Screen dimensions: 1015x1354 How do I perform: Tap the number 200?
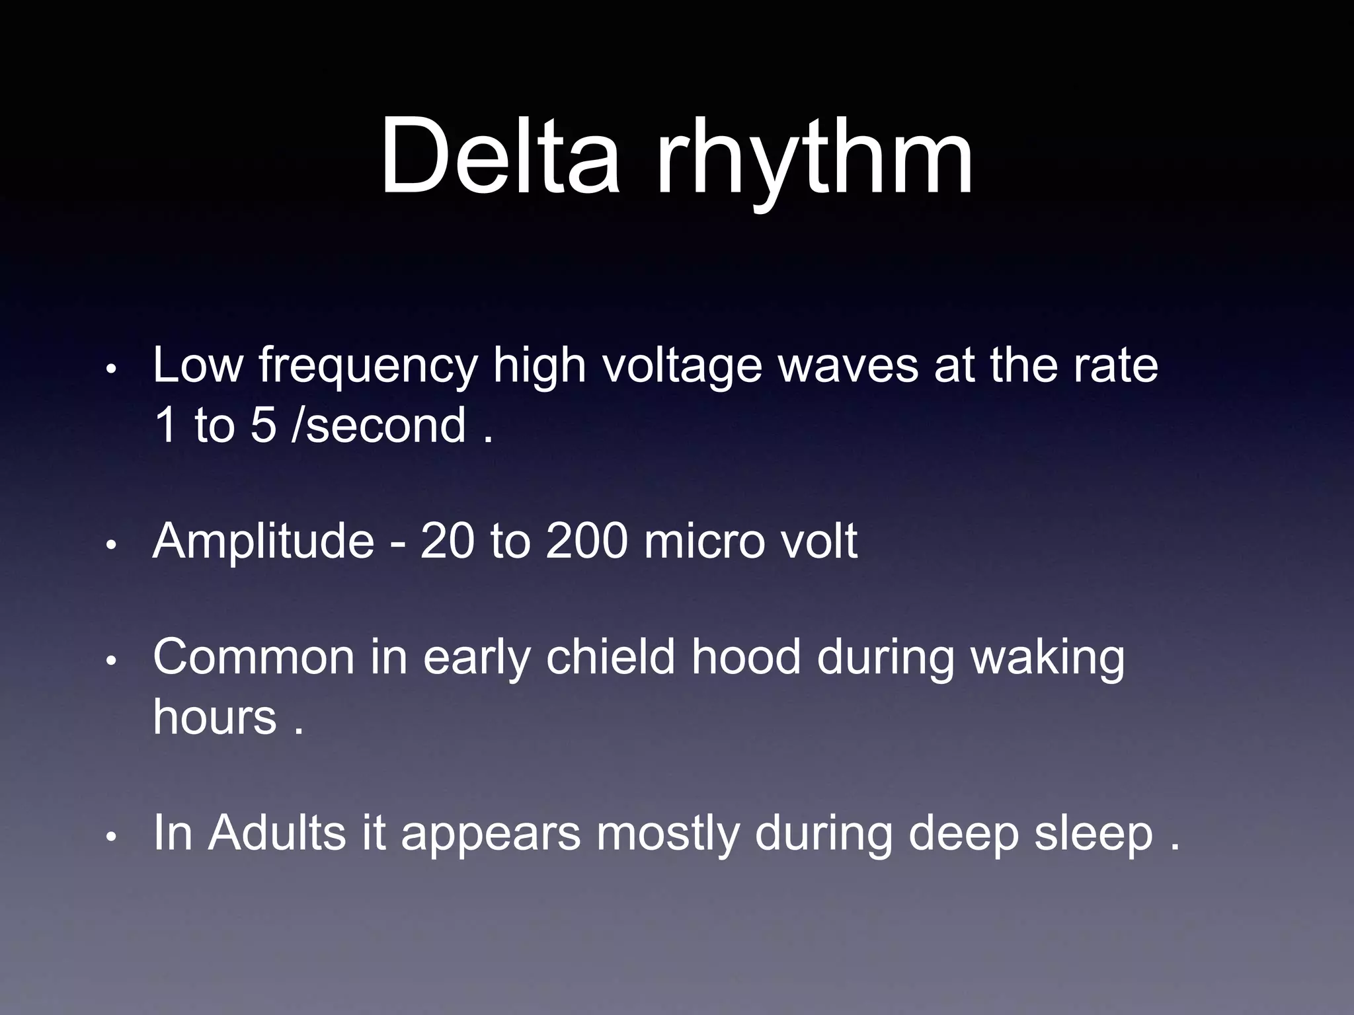(586, 541)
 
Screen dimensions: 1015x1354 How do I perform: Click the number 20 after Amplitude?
(448, 541)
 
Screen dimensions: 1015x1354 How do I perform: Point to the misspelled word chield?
(610, 658)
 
